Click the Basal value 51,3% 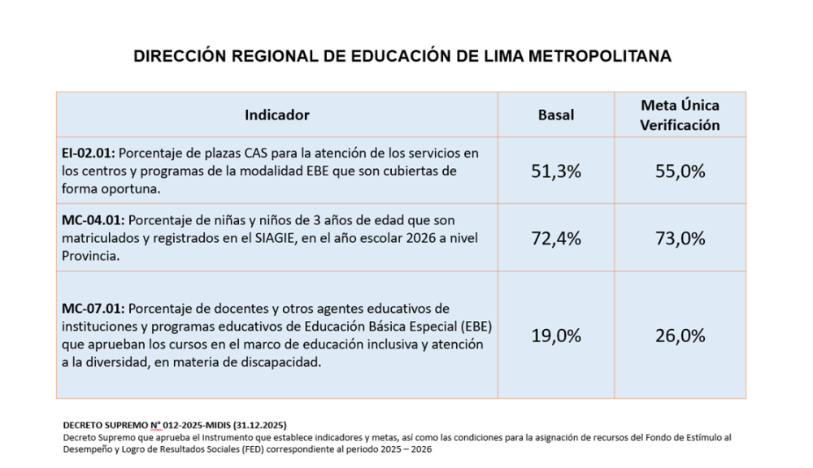(556, 171)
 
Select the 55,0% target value (680, 171)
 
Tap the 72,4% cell (556, 239)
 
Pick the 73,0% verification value (680, 239)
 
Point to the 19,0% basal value (556, 336)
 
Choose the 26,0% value (680, 336)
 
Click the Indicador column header (276, 115)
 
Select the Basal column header (556, 115)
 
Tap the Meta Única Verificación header (680, 115)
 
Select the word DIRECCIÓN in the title (177, 56)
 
